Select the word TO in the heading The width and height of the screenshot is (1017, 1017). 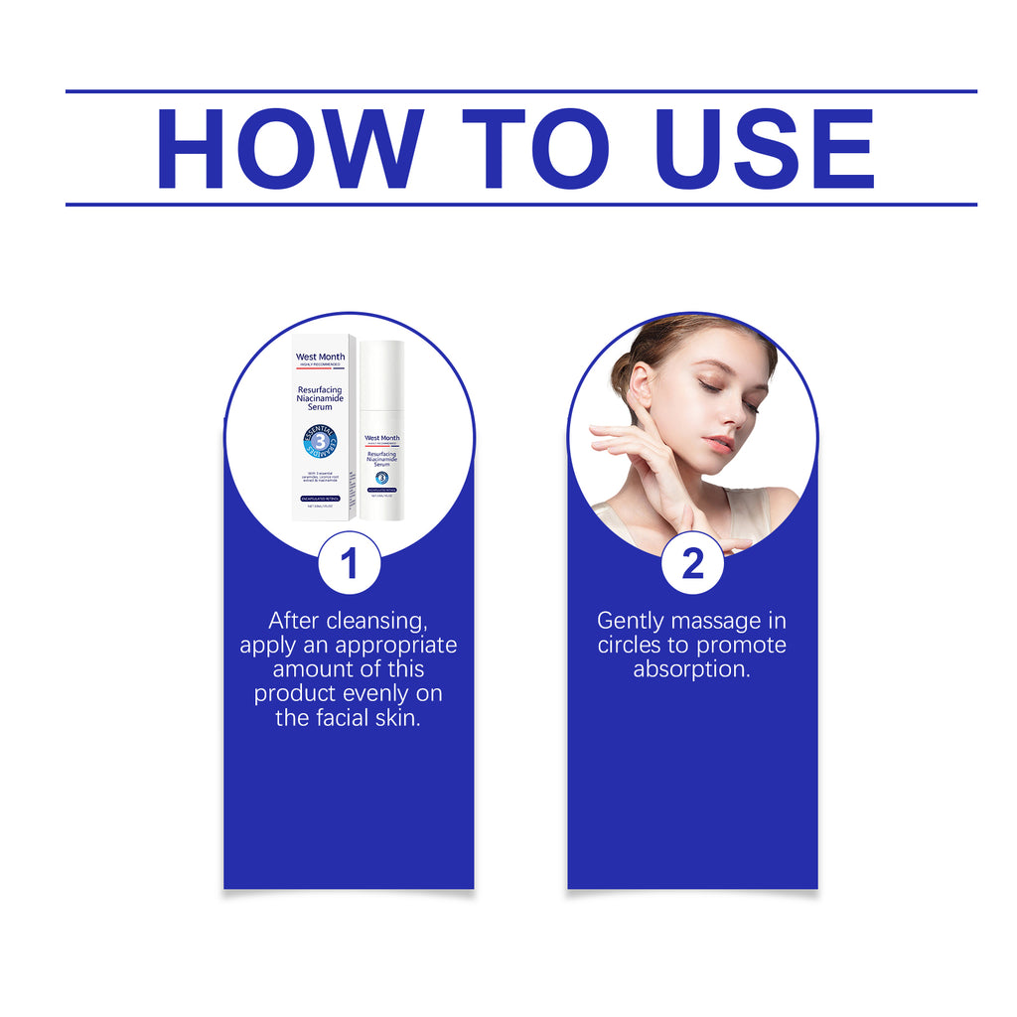[535, 149]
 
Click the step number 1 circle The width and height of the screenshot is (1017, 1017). [349, 564]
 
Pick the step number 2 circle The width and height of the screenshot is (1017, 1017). [692, 564]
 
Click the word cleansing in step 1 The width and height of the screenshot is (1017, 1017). [375, 621]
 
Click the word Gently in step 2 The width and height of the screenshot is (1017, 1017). [630, 621]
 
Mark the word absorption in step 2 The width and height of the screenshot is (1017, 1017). [691, 669]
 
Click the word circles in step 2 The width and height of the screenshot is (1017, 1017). [631, 646]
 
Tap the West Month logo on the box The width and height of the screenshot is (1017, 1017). [320, 357]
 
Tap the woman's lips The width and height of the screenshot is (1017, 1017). [718, 444]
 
